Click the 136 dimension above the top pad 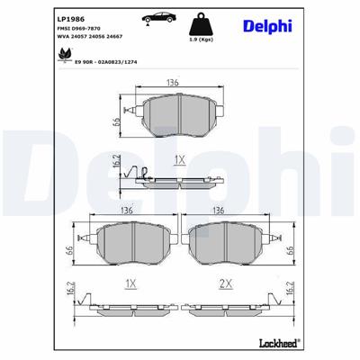tap(172, 83)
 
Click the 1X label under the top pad tap(178, 158)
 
